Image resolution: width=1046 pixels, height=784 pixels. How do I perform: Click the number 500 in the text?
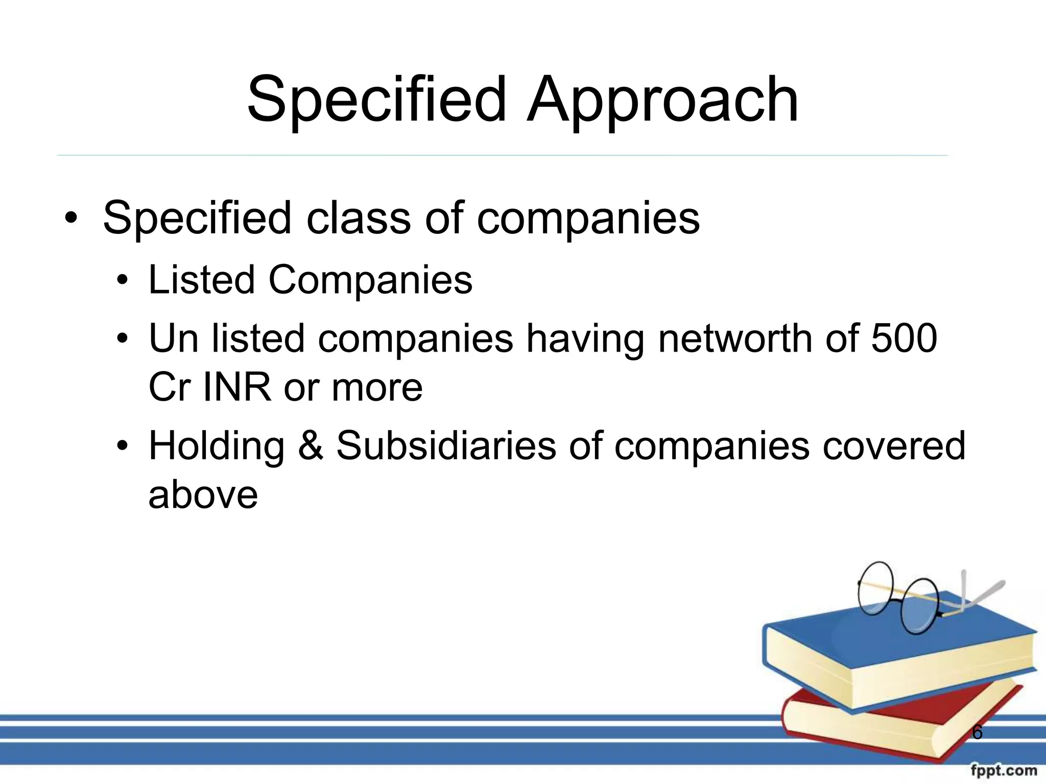coord(904,338)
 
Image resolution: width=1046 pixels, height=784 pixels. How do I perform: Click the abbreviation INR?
coord(237,387)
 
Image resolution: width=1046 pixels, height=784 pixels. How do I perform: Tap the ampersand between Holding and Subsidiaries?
coord(311,445)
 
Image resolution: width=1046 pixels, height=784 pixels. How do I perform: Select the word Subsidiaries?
coord(445,445)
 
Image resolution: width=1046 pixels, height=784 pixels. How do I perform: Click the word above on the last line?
coord(203,495)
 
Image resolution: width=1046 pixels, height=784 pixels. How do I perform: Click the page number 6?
coord(977,732)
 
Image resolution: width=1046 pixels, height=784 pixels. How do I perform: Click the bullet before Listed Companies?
coord(122,281)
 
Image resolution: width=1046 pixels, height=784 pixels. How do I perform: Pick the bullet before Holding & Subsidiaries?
coord(122,446)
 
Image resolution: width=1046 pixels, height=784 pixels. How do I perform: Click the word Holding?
coord(217,445)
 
